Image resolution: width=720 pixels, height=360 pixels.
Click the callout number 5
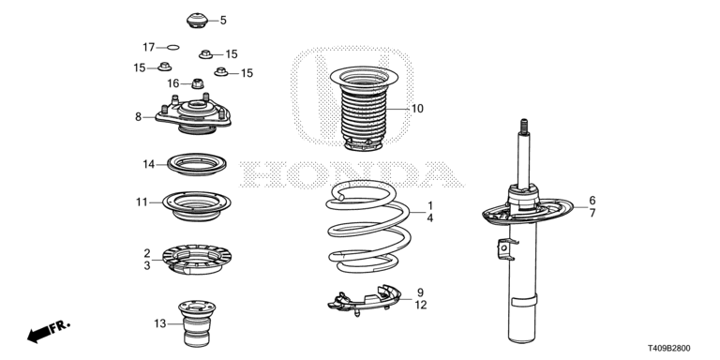click(x=223, y=21)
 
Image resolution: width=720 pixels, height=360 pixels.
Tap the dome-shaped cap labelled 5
click(x=197, y=21)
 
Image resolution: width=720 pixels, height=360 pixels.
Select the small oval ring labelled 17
click(x=173, y=47)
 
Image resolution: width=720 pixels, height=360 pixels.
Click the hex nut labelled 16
click(x=198, y=83)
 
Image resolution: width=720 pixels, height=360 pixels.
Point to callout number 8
click(x=138, y=117)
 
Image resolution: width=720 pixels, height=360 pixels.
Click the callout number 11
click(x=142, y=202)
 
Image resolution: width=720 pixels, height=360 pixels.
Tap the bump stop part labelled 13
click(x=197, y=324)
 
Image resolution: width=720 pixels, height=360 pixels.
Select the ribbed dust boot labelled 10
click(x=364, y=109)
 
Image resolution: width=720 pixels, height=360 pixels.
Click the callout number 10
click(x=417, y=109)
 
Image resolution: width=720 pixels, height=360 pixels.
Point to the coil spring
click(x=368, y=226)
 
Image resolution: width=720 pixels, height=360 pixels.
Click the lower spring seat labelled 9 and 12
click(x=364, y=300)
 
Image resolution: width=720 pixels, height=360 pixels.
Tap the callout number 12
click(x=421, y=305)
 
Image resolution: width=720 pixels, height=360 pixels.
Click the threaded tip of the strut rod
click(x=524, y=127)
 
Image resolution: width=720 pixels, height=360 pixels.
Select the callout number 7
click(x=592, y=213)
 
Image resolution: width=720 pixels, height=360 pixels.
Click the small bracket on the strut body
click(x=505, y=249)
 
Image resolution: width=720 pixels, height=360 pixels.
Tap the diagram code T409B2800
click(x=669, y=349)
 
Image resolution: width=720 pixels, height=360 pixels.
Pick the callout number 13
click(x=159, y=324)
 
